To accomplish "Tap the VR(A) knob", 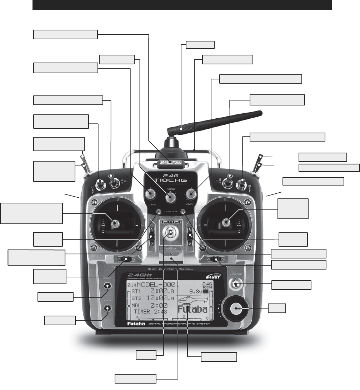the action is (x=150, y=194).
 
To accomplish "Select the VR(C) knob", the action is (x=192, y=194).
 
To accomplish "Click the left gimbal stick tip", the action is (x=116, y=224).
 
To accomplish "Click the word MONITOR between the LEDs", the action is (x=171, y=212).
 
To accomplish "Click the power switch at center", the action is (x=170, y=233).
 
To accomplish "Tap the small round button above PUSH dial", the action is (x=235, y=285).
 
